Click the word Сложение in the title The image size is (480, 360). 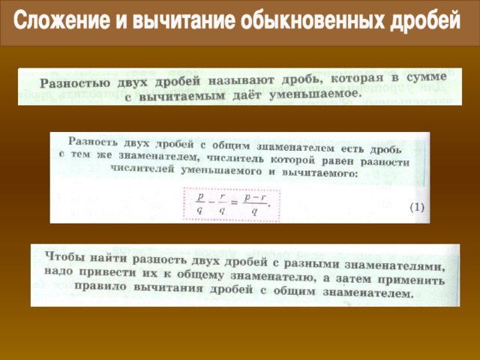[61, 20]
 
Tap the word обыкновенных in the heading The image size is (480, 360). [313, 20]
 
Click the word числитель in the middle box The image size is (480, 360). [235, 159]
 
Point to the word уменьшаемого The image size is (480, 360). [220, 171]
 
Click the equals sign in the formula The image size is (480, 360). [234, 202]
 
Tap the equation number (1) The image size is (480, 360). [417, 208]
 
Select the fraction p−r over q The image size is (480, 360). [255, 204]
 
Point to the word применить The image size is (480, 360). [411, 280]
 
